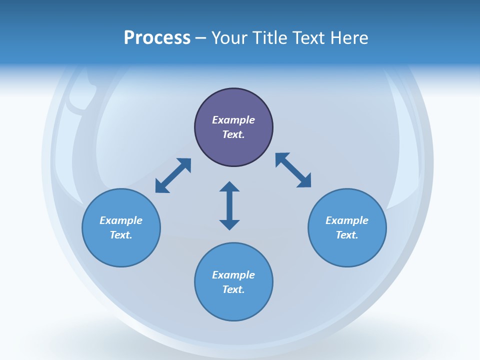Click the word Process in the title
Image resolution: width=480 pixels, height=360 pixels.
pos(157,38)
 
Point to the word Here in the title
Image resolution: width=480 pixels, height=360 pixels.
pos(349,38)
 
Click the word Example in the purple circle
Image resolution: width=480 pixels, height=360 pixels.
pos(233,120)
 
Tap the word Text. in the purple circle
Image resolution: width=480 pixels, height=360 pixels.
pos(233,134)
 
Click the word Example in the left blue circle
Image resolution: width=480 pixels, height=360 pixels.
pos(121,220)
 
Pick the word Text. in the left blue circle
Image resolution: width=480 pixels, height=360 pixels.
pos(121,235)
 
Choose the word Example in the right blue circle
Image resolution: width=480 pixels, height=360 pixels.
pos(347,220)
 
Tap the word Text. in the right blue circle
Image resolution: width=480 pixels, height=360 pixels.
pos(347,235)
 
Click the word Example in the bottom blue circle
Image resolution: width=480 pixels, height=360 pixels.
pos(233,275)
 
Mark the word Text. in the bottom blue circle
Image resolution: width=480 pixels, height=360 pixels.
pos(233,289)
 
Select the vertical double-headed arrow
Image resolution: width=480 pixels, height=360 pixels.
pos(229,205)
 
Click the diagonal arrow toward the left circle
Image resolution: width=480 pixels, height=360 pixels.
pos(173,175)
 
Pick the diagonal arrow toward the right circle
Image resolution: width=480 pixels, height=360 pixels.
pos(293,170)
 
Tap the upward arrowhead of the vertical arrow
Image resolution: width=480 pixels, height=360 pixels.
pos(229,186)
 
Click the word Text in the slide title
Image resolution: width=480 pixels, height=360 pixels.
pos(308,38)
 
